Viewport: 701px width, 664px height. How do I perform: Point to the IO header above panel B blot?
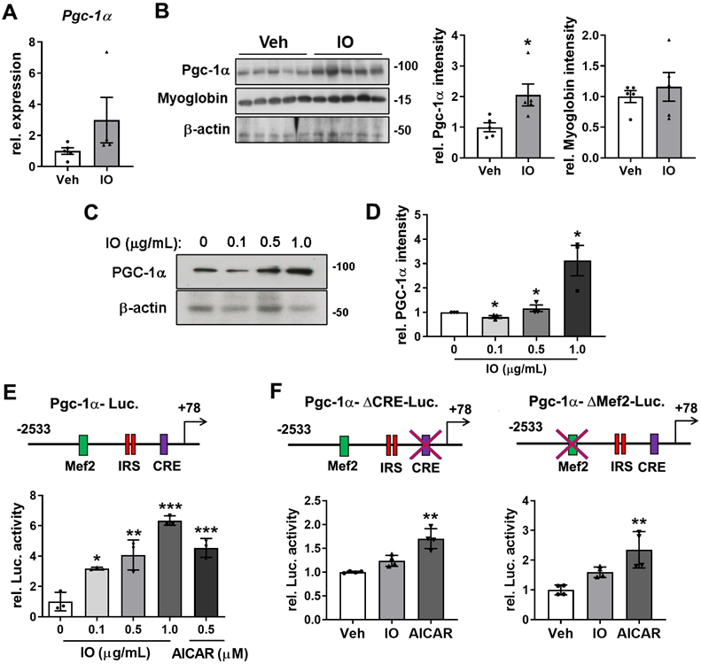[x=349, y=44]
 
